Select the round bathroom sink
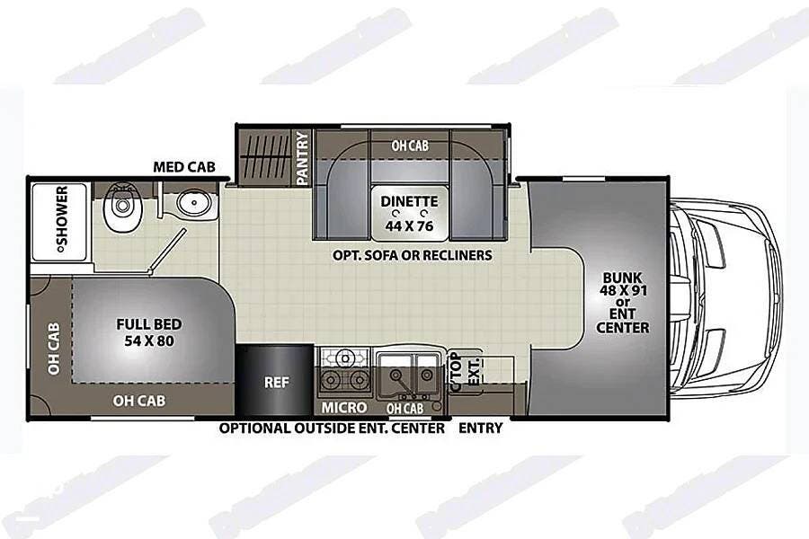click(x=194, y=203)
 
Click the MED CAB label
click(x=184, y=167)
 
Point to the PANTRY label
click(x=303, y=157)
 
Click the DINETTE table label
click(x=409, y=201)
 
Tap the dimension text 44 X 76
click(x=409, y=225)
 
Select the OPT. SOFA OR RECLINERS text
click(x=413, y=255)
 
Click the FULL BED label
click(x=148, y=324)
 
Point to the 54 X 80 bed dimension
click(x=148, y=341)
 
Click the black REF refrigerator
click(x=276, y=380)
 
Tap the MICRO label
click(x=344, y=408)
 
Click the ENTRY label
click(x=480, y=428)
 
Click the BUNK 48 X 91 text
click(x=623, y=284)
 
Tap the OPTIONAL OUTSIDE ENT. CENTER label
click(x=332, y=429)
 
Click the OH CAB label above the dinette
click(x=410, y=146)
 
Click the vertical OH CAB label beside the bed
click(x=54, y=349)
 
